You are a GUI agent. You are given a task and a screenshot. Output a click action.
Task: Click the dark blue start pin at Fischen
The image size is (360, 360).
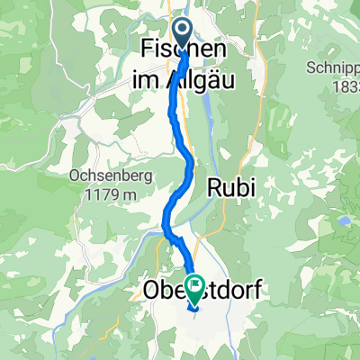182,35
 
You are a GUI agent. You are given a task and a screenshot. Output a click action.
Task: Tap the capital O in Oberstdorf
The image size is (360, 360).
151,291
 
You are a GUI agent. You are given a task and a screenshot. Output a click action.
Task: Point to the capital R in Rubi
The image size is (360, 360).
214,187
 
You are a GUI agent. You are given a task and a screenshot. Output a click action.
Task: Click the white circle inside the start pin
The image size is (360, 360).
182,31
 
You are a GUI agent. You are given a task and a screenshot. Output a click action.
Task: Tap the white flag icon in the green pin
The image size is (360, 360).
195,283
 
